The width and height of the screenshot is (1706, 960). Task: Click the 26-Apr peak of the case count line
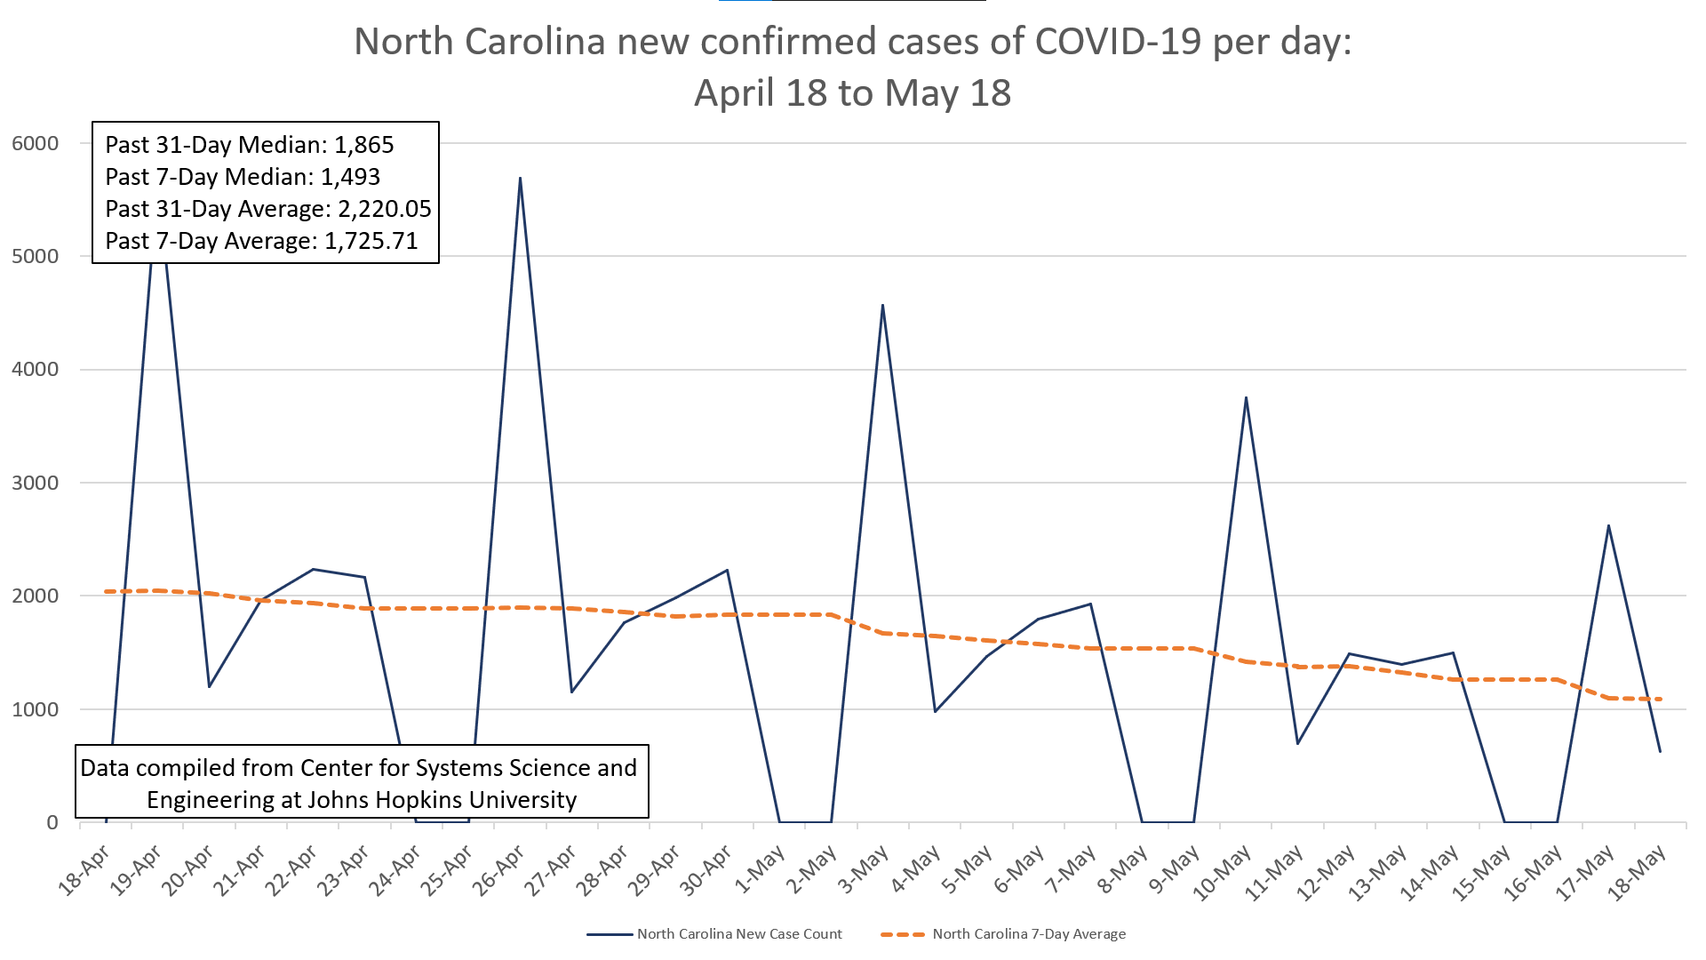point(520,178)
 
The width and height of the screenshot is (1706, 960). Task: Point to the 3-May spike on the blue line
point(882,305)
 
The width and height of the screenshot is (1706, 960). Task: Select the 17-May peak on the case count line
point(1608,525)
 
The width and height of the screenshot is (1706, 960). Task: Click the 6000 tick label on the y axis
point(36,143)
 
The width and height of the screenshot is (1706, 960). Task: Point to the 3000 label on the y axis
point(36,483)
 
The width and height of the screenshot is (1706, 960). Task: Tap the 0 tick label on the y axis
point(52,822)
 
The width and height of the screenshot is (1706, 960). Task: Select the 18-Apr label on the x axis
point(84,871)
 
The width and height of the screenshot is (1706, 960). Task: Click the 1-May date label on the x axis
point(761,869)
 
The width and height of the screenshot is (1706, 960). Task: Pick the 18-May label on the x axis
point(1638,873)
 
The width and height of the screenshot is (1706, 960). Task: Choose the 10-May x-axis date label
point(1222,873)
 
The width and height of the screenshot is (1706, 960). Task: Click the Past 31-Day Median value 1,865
point(363,145)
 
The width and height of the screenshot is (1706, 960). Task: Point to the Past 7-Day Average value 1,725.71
point(371,241)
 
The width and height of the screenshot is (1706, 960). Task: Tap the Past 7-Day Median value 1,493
point(350,177)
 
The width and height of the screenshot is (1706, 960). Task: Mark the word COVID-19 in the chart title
point(1119,42)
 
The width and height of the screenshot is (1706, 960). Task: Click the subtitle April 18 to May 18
point(852,93)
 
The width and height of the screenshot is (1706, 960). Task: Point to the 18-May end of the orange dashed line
point(1660,700)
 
